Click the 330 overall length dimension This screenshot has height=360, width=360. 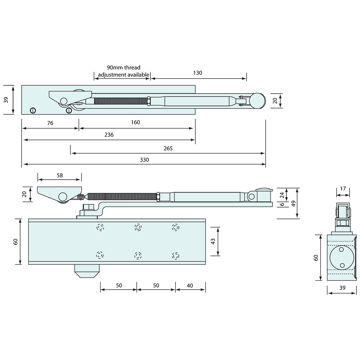[144, 160]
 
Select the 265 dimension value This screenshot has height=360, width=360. [168, 148]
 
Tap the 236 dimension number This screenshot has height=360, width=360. [109, 135]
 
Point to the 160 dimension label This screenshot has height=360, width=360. [135, 122]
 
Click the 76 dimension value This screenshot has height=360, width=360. [50, 123]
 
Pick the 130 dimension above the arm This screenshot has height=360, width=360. [198, 73]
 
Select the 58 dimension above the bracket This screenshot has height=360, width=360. [60, 175]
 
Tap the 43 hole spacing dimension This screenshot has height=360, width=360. [213, 242]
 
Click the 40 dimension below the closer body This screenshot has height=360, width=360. [190, 285]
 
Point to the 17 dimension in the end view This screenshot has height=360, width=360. [343, 189]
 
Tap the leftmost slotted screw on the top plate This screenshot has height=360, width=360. [32, 110]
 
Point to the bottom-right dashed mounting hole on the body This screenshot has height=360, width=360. [176, 256]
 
